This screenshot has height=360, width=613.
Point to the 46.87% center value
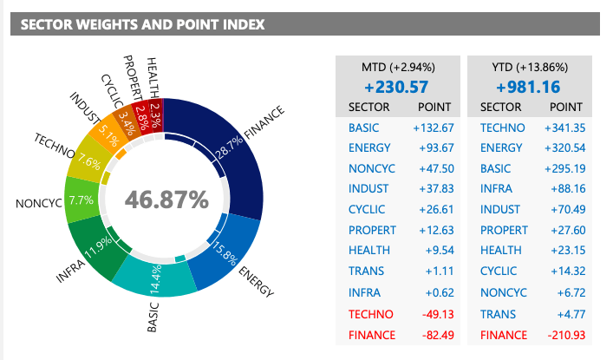(166, 200)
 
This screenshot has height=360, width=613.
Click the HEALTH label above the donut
(153, 76)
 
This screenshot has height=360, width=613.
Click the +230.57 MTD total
(398, 88)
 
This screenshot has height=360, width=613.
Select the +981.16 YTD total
(530, 88)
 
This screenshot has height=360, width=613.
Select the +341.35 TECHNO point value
(564, 128)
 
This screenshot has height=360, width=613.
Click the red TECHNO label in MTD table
(370, 315)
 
